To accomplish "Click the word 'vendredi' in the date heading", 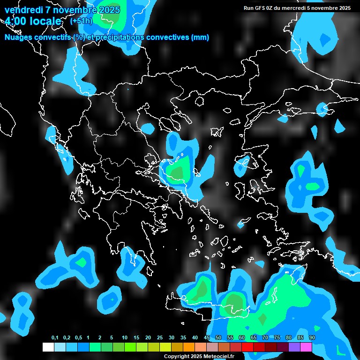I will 22,10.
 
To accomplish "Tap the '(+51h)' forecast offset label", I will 81,21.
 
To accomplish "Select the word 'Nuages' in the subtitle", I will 17,37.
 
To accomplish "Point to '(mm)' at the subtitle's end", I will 200,37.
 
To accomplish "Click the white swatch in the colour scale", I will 48,347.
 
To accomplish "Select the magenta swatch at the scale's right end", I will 306,347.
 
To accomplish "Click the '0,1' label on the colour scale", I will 55,338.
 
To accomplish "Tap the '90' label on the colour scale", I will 312,338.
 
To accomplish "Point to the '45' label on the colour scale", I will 207,338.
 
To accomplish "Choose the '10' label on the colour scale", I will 124,338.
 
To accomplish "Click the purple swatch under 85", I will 294,347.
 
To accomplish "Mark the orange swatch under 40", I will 189,347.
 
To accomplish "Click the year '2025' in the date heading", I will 109,10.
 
